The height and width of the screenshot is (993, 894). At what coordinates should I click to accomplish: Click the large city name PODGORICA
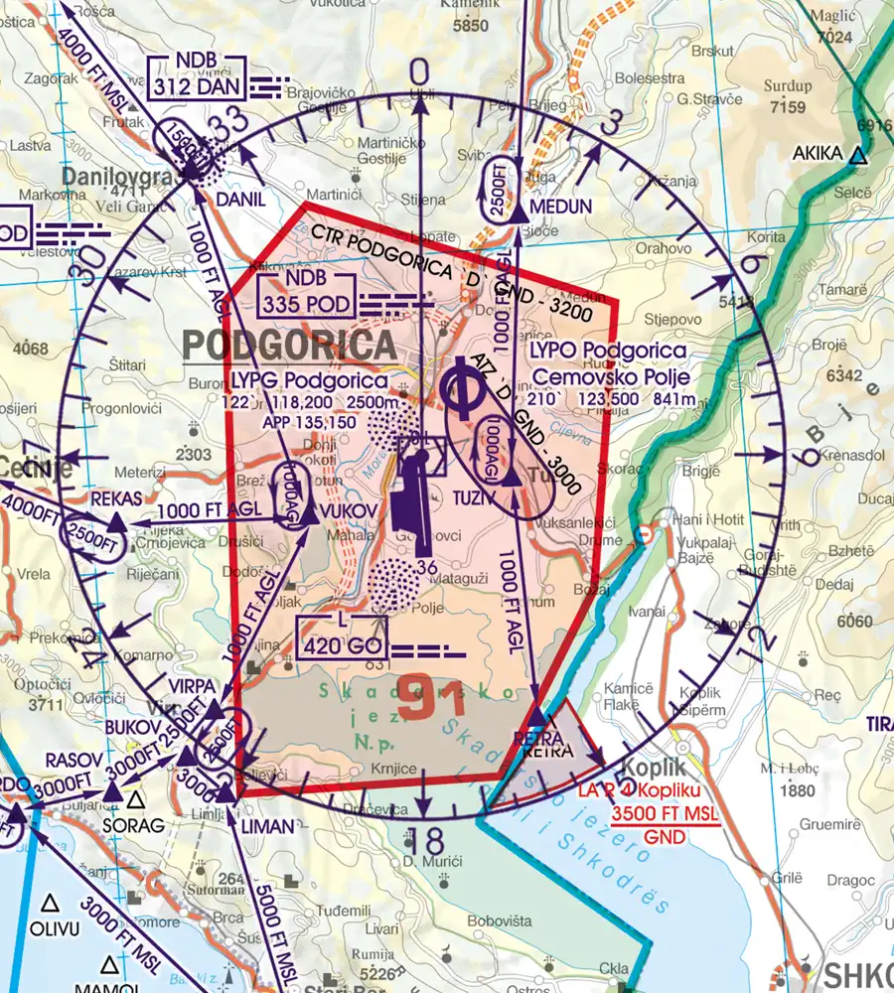tap(289, 346)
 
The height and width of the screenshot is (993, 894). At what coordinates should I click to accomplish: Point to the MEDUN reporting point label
tap(561, 207)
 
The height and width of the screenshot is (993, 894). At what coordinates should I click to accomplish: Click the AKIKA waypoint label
tap(818, 154)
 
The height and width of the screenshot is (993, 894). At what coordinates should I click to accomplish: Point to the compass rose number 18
tap(425, 840)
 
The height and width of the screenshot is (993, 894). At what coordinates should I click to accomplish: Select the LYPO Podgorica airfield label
tap(607, 352)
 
